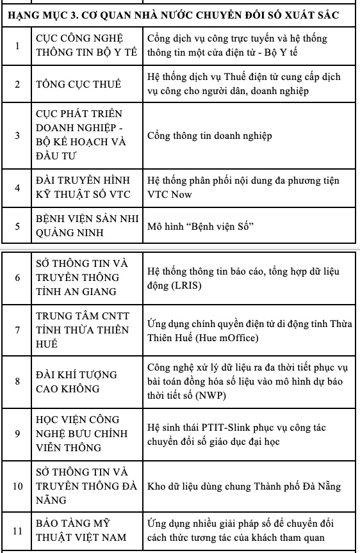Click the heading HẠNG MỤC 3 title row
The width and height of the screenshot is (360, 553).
point(179,13)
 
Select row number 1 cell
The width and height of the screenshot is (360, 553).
point(17,45)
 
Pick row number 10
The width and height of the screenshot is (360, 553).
point(17,486)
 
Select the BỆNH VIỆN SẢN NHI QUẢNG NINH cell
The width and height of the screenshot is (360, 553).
point(87,226)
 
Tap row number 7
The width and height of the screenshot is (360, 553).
point(17,330)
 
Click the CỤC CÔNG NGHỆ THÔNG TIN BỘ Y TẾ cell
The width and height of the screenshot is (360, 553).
point(86,45)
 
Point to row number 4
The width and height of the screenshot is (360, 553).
point(17,188)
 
